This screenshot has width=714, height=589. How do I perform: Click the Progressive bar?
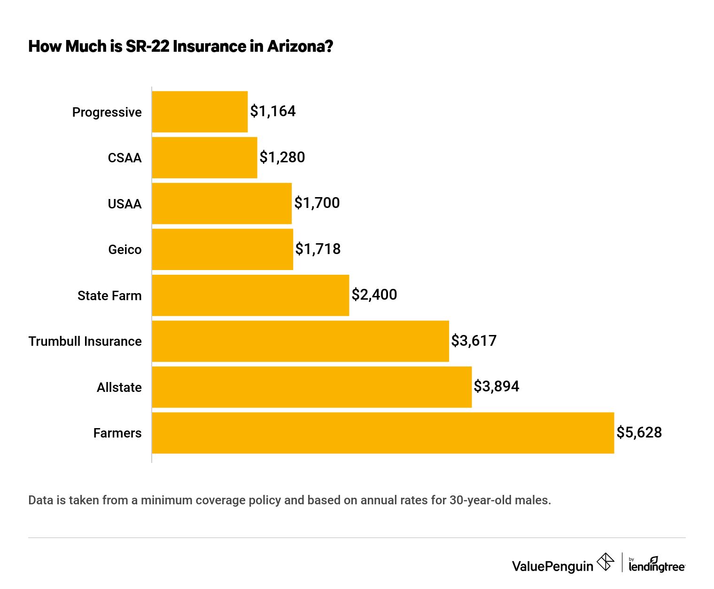click(200, 111)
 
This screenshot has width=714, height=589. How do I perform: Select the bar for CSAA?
click(204, 158)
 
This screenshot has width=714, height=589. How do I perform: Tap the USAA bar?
click(222, 203)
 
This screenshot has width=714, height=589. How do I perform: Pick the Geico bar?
click(222, 249)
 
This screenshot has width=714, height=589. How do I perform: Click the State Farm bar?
click(250, 295)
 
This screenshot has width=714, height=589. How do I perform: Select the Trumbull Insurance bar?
click(300, 341)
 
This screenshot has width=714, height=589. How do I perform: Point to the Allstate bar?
click(311, 387)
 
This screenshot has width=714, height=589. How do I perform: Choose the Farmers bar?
click(383, 433)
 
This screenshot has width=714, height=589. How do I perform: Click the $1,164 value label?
click(273, 111)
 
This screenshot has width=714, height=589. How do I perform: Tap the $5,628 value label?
click(639, 432)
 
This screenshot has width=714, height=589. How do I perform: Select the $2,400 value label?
click(374, 294)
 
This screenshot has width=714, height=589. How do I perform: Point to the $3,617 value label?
click(473, 341)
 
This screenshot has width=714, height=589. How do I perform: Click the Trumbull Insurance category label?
click(85, 341)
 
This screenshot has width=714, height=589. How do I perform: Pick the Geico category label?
click(125, 249)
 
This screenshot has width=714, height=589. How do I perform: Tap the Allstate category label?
click(119, 387)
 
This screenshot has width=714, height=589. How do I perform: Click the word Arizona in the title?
click(300, 47)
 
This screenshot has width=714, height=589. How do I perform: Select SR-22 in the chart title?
click(147, 47)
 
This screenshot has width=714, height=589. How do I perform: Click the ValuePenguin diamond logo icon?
click(605, 562)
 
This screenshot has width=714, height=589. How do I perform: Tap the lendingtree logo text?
click(657, 566)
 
